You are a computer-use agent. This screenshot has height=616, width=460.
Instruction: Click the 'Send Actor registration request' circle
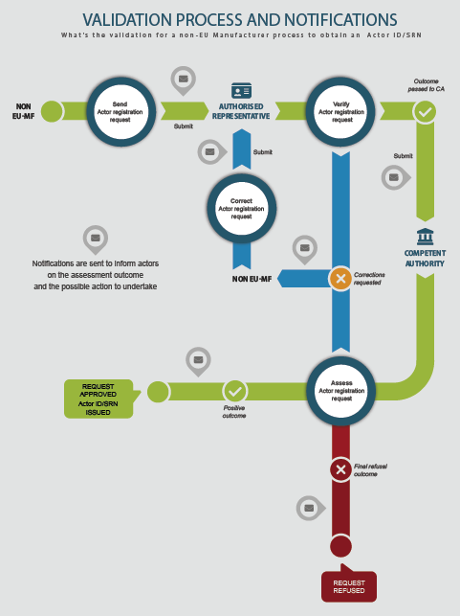[120, 112]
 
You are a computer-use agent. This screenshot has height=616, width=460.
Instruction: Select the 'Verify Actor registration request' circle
[340, 112]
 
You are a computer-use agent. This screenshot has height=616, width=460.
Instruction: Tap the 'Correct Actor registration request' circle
[242, 209]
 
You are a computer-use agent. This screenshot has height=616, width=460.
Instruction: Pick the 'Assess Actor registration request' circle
[341, 391]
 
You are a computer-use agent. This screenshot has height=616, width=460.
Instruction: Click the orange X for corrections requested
[340, 279]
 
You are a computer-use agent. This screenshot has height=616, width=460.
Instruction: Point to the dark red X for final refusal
[340, 469]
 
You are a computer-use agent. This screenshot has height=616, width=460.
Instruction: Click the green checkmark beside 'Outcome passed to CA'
[425, 112]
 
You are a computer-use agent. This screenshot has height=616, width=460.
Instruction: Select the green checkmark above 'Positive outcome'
[234, 391]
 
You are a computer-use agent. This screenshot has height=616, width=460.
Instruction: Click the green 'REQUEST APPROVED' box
[100, 399]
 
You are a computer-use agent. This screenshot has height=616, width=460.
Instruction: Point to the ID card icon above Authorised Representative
[241, 91]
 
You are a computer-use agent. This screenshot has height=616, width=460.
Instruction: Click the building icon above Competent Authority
[426, 237]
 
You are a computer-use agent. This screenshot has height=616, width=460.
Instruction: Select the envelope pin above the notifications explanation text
[96, 240]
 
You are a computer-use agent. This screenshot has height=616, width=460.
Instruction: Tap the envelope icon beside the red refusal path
[311, 508]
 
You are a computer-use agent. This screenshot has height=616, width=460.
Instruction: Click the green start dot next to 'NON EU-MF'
[52, 111]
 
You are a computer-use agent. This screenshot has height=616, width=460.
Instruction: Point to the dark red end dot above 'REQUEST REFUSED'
[340, 546]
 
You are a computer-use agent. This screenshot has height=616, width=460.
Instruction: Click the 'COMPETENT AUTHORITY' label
[426, 259]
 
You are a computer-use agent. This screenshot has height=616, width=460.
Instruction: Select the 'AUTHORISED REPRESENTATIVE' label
[241, 111]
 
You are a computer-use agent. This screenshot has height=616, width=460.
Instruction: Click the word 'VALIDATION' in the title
[127, 20]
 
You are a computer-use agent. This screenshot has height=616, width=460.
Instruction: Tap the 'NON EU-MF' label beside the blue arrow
[252, 279]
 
